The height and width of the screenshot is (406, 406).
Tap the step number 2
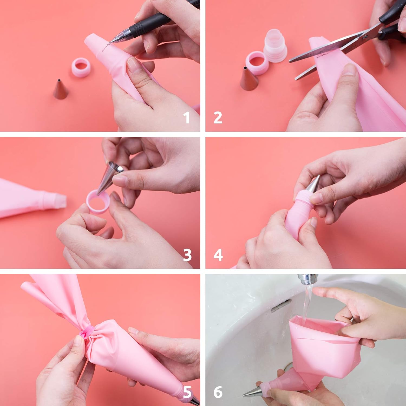[x=218, y=118]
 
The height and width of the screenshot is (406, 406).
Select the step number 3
[x=187, y=255]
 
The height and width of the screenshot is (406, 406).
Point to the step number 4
[x=218, y=255]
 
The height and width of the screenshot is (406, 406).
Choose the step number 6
[x=218, y=392]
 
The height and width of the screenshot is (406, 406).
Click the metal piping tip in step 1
[x=60, y=89]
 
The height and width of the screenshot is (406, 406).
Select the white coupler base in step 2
[x=275, y=45]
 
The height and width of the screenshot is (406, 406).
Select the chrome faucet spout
[x=307, y=279]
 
